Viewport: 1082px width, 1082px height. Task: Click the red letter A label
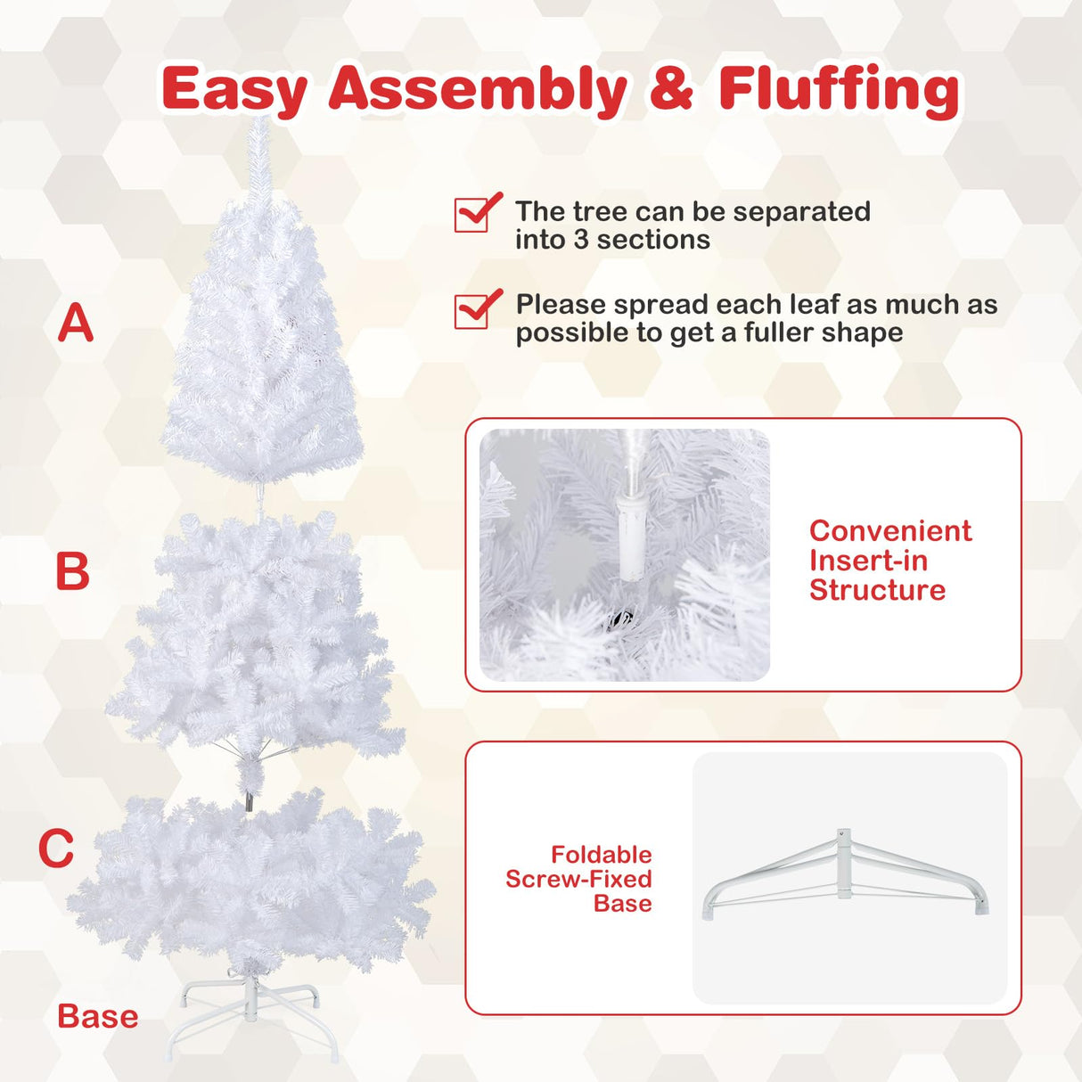coord(76,323)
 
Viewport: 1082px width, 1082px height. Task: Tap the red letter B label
coord(73,571)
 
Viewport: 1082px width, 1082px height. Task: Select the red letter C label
coord(56,848)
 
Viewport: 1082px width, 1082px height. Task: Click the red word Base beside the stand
coord(98,1016)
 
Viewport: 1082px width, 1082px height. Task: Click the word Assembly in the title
coord(478,91)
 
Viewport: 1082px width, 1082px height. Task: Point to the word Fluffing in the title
coord(839,89)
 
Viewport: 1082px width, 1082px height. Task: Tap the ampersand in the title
coord(671,89)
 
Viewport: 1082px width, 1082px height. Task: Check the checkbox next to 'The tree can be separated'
coord(474,214)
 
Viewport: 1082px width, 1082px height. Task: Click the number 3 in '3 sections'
coord(581,240)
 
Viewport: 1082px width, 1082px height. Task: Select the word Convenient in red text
coord(890,531)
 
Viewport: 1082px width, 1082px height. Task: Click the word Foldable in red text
coord(601,855)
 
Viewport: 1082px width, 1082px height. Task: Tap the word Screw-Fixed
coord(578,879)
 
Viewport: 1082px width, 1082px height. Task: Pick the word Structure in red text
coord(877,590)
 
